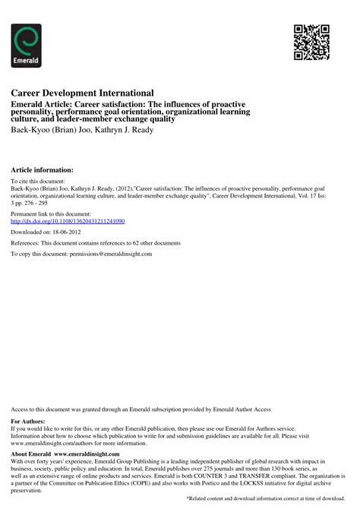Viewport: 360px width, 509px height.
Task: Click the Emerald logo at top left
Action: [27, 46]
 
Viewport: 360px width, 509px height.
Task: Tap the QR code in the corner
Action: [311, 42]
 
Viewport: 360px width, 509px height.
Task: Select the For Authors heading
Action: [28, 420]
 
